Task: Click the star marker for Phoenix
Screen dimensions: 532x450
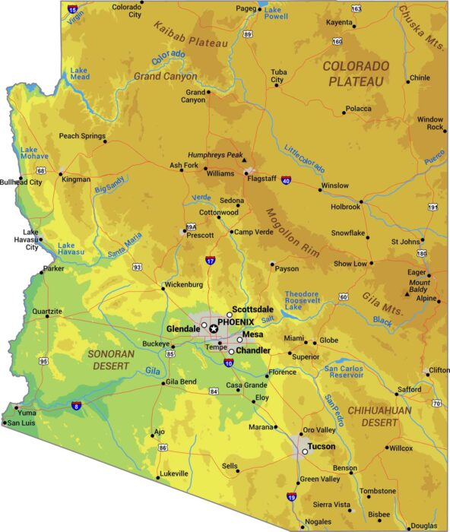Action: pos(214,328)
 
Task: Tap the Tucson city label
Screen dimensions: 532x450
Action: pos(321,446)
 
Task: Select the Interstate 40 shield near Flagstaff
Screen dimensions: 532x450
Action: pos(286,180)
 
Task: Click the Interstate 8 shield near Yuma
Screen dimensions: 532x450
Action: pos(76,406)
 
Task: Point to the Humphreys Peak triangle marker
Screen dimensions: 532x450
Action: pos(244,160)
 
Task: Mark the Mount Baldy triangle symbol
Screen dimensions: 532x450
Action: pos(408,293)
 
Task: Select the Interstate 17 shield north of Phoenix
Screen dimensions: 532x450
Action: pos(211,261)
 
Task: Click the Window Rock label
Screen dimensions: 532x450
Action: pos(429,123)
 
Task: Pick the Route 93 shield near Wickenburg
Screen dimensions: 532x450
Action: pos(137,267)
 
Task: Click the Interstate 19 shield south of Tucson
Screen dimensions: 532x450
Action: pos(291,497)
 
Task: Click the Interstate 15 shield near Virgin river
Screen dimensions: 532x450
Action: pos(72,9)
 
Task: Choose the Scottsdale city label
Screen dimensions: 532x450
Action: pos(252,309)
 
